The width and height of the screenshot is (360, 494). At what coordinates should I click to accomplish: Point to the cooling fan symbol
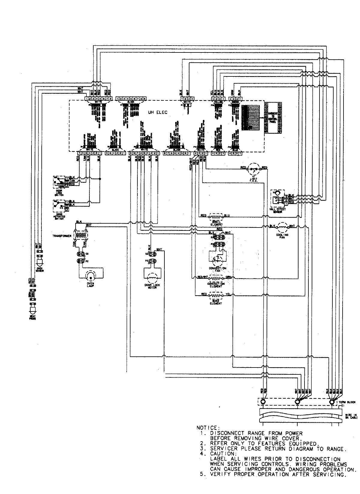click(282, 227)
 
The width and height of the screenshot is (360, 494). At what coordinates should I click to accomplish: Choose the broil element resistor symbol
click(216, 216)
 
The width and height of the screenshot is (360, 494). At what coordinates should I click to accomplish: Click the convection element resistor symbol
click(216, 277)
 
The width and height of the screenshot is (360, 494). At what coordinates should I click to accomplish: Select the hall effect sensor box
click(278, 198)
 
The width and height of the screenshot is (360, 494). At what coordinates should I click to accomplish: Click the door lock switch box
click(61, 181)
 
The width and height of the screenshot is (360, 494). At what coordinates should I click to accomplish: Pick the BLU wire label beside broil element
click(227, 216)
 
